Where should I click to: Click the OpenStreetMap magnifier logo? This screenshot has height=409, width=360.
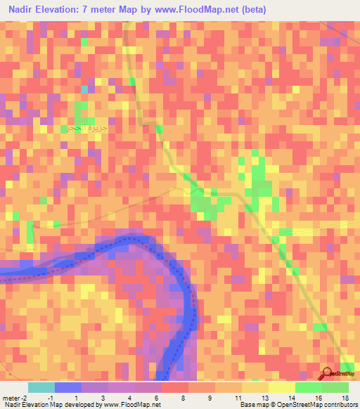pyautogui.click(x=327, y=373)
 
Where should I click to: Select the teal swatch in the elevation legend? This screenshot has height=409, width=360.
pyautogui.click(x=41, y=387)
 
